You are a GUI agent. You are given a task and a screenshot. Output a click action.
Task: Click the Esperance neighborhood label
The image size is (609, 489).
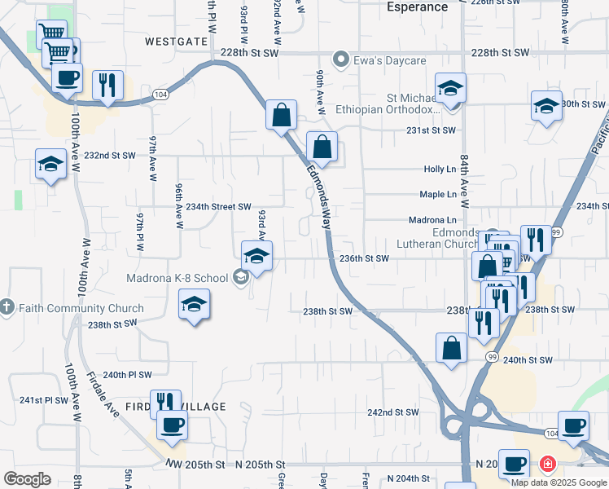click(417, 7)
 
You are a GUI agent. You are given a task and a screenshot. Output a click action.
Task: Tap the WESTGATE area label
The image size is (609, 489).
click(177, 41)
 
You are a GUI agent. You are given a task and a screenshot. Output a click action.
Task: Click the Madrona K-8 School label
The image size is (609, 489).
click(177, 278)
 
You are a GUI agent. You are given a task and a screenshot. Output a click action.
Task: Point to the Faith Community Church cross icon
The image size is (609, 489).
click(7, 308)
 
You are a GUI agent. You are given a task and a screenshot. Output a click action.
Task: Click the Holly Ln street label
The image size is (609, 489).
click(440, 170)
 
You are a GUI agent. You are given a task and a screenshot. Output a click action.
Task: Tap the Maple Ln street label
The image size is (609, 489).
click(438, 195)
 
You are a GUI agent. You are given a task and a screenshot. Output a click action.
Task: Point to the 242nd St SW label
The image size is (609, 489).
click(392, 412)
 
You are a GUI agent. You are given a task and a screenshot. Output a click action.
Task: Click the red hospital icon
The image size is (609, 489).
click(547, 465)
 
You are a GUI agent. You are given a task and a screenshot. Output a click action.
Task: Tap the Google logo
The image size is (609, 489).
click(27, 479)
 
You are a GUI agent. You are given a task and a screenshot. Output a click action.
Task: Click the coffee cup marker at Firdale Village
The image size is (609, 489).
click(172, 424)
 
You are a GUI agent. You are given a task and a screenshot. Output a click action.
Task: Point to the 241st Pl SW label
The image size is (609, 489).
click(44, 400)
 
